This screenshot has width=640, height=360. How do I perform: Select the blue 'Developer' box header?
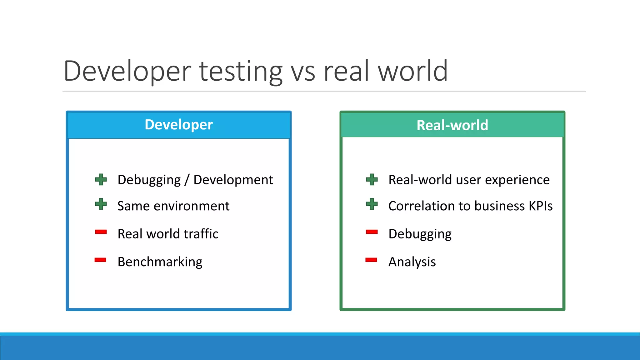point(179,125)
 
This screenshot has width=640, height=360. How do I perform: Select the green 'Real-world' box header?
point(452,125)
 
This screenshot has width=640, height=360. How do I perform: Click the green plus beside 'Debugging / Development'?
point(101,180)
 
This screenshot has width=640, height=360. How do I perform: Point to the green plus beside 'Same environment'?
point(101,204)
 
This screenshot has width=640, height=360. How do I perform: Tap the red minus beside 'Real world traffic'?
point(101,232)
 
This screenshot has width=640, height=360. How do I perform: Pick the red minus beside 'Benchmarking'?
point(101,260)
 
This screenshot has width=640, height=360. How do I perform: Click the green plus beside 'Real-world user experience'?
point(372,180)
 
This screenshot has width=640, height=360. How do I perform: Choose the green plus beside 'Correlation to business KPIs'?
point(372,204)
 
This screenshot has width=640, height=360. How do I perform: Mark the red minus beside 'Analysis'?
point(371,260)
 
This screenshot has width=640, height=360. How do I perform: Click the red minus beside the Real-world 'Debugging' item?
point(372,232)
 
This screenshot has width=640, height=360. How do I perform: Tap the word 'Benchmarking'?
point(160,262)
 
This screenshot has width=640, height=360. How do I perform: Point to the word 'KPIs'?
point(541,206)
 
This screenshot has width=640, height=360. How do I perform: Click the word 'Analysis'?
point(412,262)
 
